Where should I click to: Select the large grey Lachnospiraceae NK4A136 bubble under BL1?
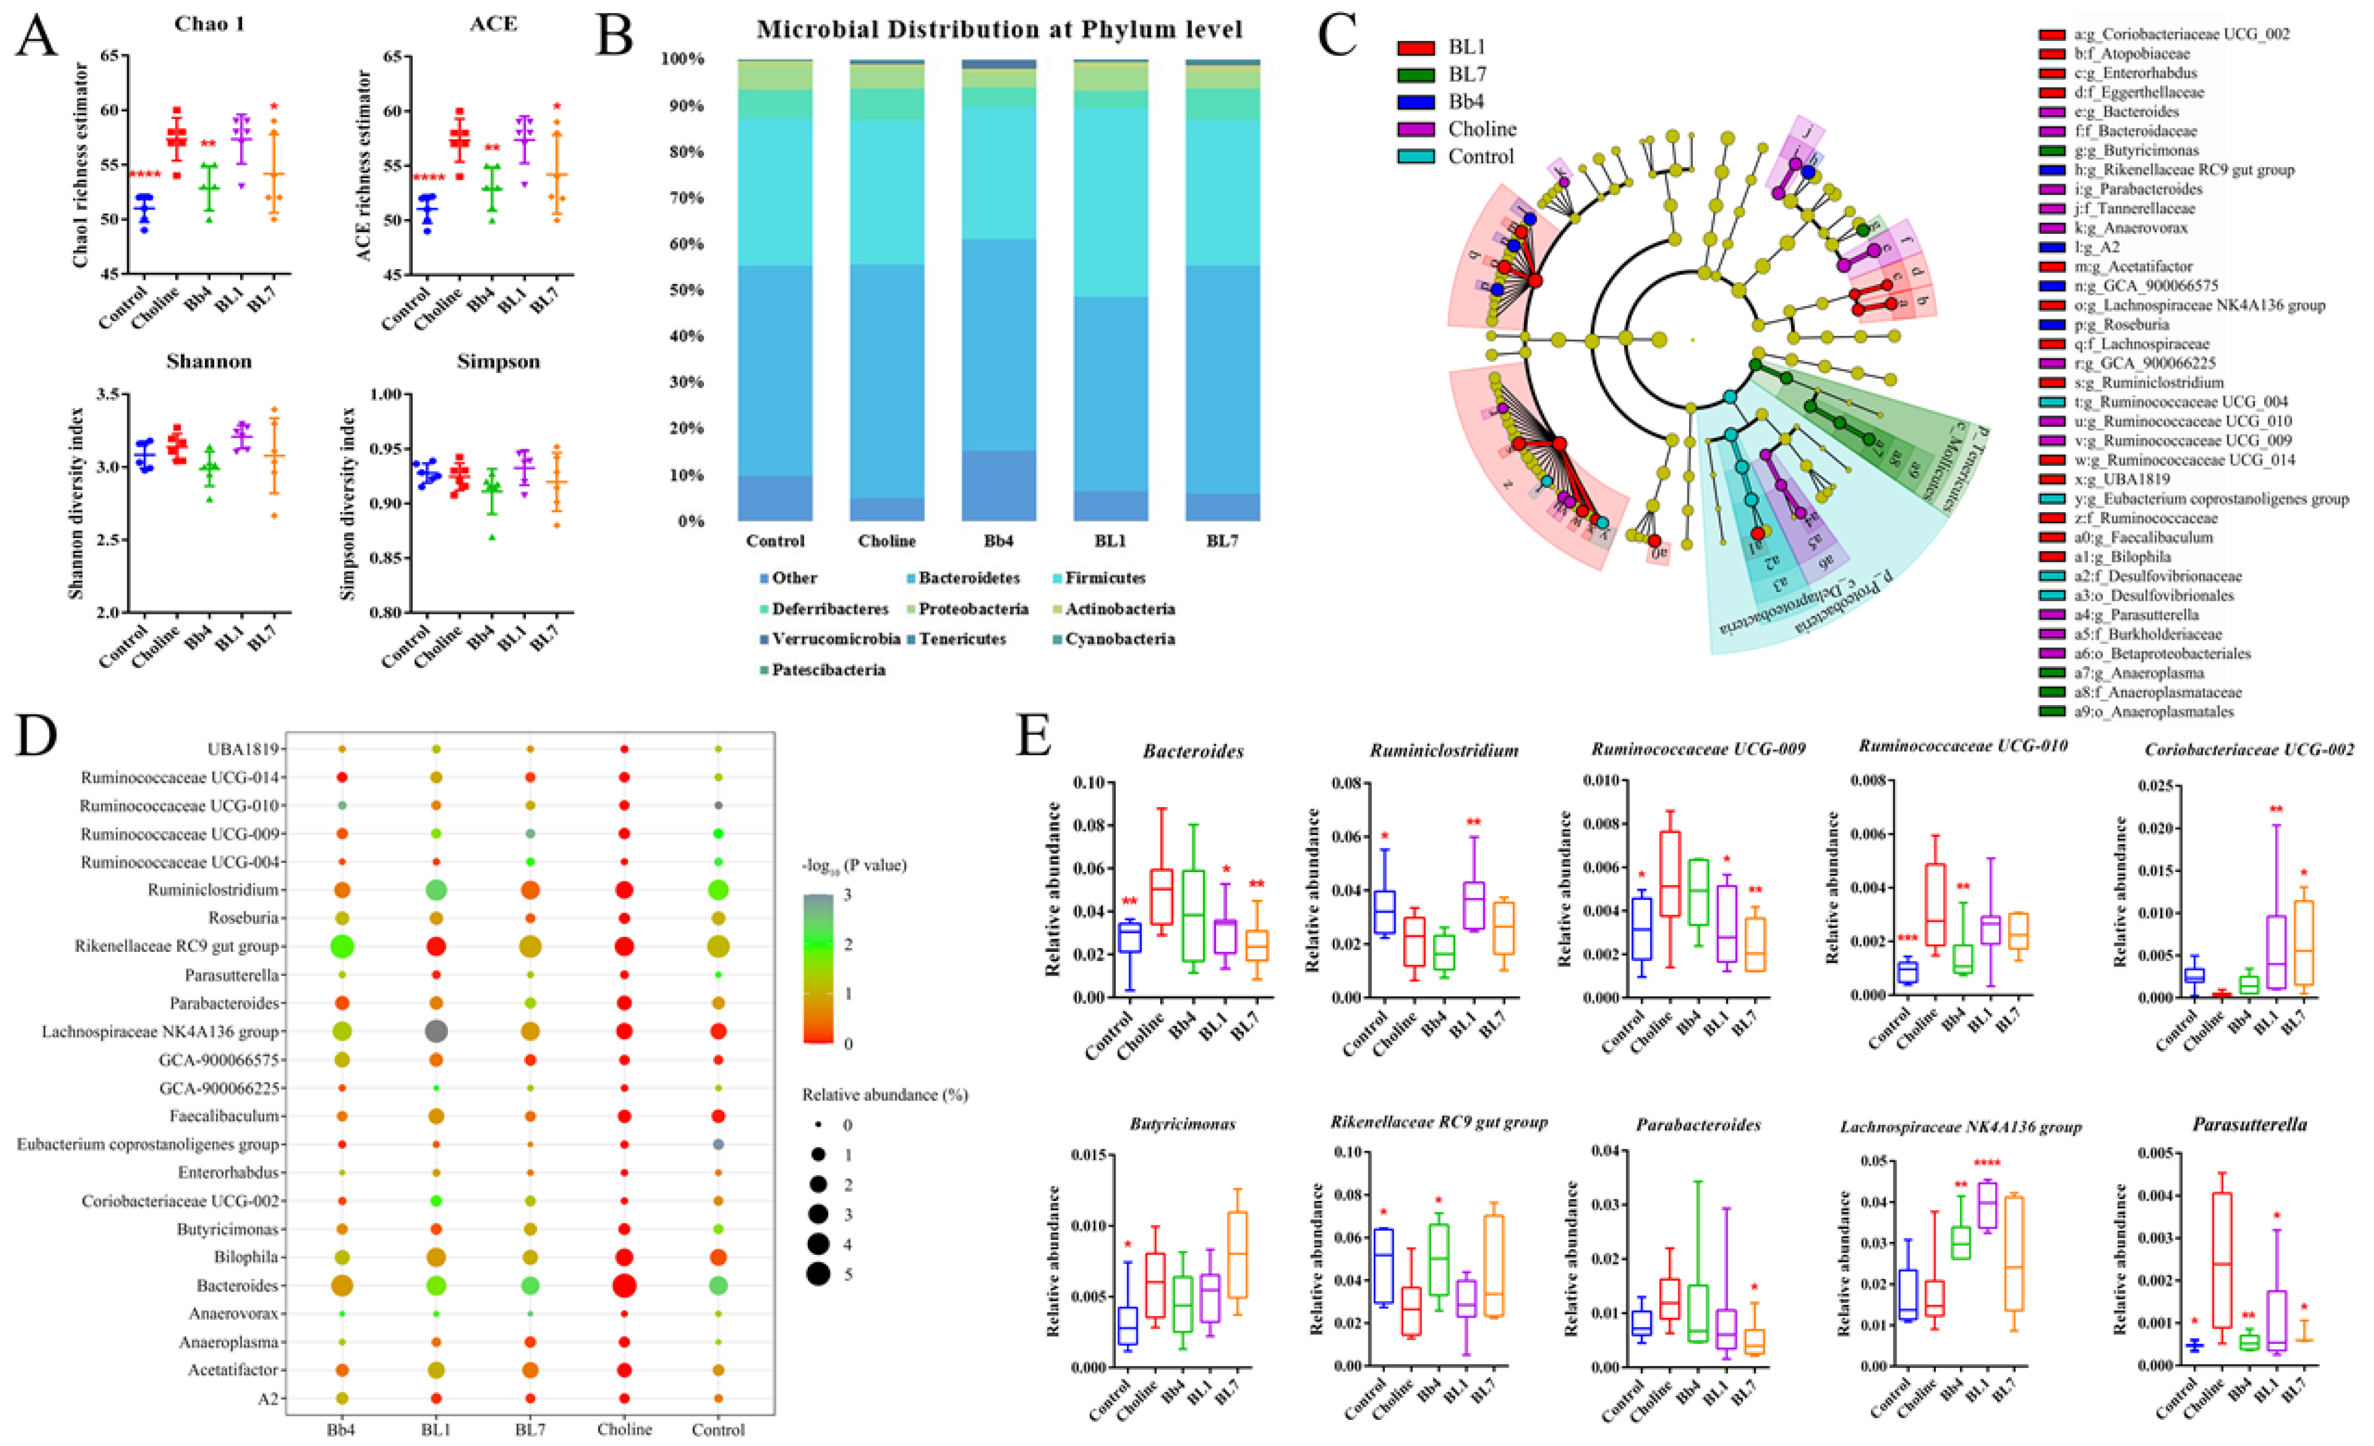[435, 1032]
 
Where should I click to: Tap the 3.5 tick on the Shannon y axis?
[113, 395]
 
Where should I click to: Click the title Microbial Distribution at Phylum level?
[999, 30]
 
